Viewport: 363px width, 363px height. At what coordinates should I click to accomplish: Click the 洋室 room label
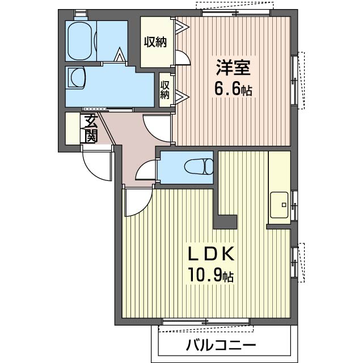tap(233, 67)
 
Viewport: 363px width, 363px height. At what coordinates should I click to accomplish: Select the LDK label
tap(211, 254)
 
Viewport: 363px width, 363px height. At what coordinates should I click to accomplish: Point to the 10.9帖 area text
tap(210, 275)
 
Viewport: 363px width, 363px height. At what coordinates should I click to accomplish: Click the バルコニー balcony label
tap(221, 346)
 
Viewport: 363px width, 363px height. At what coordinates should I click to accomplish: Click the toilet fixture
tap(199, 166)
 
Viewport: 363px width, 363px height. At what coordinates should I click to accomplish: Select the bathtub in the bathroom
tap(81, 41)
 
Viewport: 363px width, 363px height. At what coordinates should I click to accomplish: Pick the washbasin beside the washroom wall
tap(76, 77)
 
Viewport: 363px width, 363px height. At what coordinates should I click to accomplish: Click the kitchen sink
tap(279, 205)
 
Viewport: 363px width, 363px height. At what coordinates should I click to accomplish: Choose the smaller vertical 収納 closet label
tap(165, 90)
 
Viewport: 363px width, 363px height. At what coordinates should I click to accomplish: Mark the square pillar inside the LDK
tap(225, 222)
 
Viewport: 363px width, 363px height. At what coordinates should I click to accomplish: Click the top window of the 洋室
tap(236, 12)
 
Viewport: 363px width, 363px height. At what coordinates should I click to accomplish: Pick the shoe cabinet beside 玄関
tap(73, 129)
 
